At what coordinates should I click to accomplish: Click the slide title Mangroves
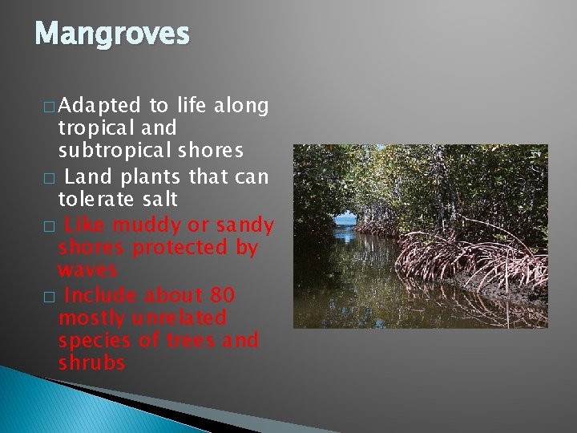point(112,34)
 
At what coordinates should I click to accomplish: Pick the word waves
point(87,270)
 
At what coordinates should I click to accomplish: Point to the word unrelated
point(177,318)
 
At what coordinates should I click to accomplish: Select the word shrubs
point(91,362)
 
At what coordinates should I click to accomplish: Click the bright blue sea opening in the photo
point(345,219)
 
